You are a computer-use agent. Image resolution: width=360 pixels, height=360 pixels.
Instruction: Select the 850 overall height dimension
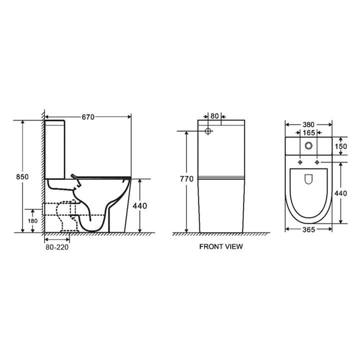pos(21,177)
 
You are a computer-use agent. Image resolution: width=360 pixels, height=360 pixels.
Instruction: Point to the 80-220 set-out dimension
pos(56,246)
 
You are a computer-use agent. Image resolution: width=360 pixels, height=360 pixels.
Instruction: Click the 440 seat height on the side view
pos(140,204)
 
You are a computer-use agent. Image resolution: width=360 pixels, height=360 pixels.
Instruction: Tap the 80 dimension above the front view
pos(214,116)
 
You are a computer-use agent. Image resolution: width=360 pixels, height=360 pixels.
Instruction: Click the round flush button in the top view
pos(309,146)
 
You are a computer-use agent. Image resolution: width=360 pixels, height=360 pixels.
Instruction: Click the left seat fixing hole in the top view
pos(299,163)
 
